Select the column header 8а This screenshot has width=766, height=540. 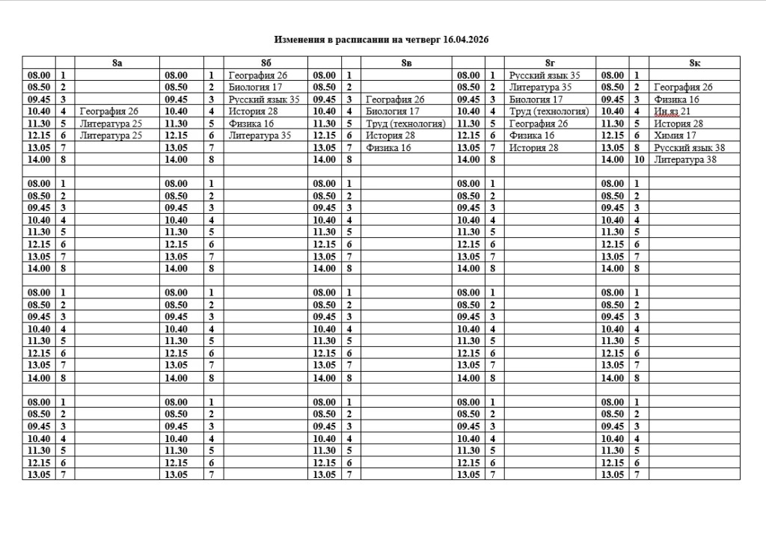(117, 63)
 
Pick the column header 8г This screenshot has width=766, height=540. (550, 63)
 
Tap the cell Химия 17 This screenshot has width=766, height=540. (675, 135)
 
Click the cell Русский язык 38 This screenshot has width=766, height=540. (689, 148)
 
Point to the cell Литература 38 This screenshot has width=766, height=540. (685, 160)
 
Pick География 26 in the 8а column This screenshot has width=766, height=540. (108, 111)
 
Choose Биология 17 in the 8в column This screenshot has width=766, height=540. (393, 111)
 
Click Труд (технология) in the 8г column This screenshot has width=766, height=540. (549, 111)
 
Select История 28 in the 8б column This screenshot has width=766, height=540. (253, 111)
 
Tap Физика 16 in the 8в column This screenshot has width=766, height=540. (388, 148)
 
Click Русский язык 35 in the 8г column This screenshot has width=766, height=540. (545, 76)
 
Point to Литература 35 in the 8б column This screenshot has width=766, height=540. (260, 135)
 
